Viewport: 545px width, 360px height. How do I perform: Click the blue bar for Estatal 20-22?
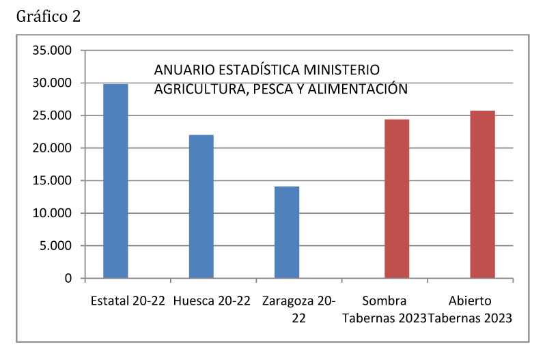[x=115, y=181]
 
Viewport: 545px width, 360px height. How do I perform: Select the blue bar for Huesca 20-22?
[x=201, y=206]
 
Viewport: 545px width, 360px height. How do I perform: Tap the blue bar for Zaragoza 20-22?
[x=287, y=232]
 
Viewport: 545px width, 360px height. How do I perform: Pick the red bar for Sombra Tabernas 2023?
[x=397, y=199]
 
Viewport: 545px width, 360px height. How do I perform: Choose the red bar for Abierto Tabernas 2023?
[x=483, y=195]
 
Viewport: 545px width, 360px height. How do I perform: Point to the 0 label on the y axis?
[x=68, y=279]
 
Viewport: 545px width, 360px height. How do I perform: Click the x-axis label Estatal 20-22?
[x=128, y=301]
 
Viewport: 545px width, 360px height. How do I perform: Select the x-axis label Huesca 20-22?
[x=212, y=301]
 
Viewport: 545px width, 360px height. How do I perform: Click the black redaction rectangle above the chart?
[x=48, y=16]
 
